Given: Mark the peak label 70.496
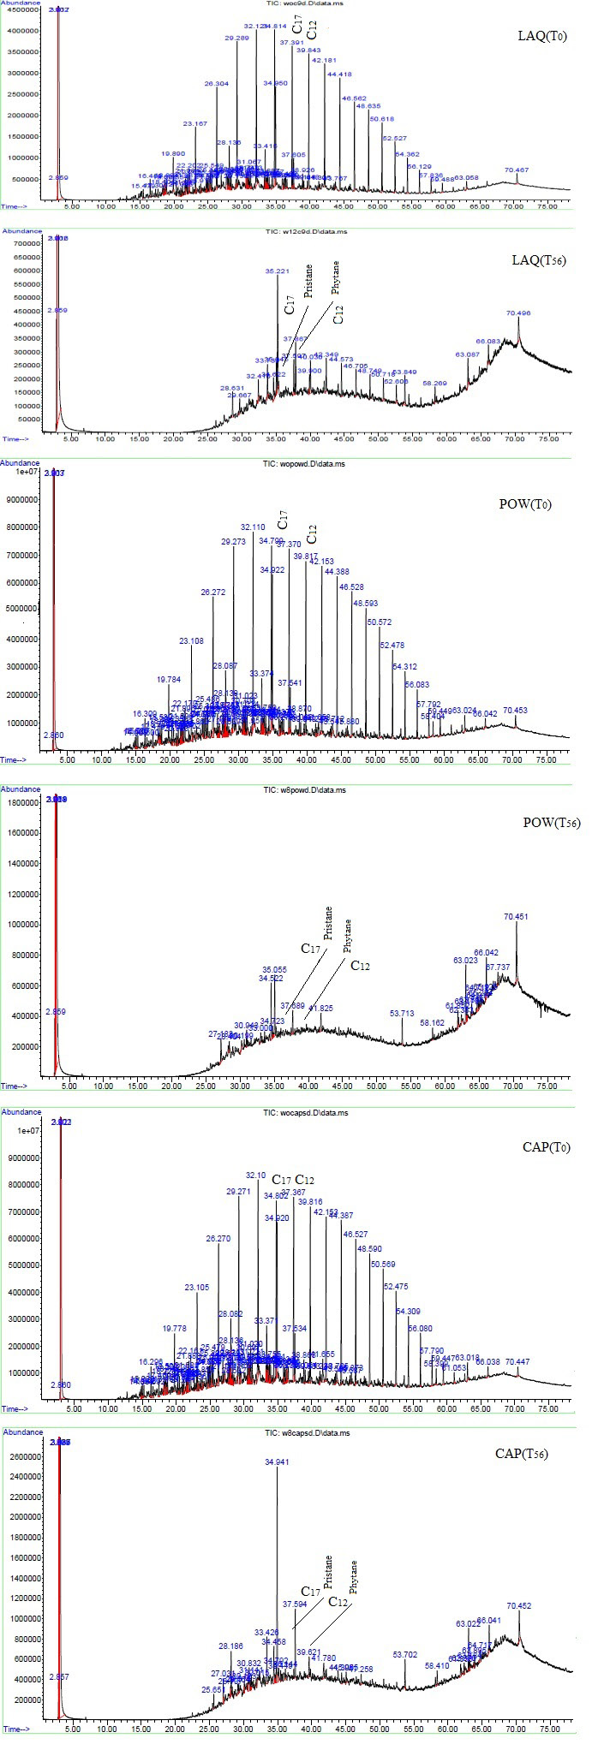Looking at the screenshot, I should point(517,313).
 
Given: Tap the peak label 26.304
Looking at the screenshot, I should point(217,84).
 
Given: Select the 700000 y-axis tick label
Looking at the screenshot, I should point(23,244).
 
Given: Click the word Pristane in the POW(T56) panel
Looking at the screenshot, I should point(326,925).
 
